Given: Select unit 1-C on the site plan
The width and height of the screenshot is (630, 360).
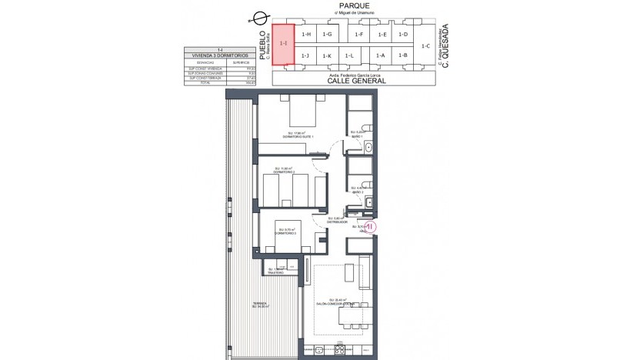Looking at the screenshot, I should (x=425, y=46).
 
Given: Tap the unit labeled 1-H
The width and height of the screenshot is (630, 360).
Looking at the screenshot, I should (x=306, y=35).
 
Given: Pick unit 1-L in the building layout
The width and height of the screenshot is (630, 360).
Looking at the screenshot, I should (x=349, y=56).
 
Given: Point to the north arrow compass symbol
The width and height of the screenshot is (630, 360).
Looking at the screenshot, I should (x=260, y=17).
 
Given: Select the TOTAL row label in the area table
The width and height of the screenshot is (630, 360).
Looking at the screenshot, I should (x=198, y=82).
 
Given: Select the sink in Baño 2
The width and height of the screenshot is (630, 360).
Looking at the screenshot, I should (x=369, y=202).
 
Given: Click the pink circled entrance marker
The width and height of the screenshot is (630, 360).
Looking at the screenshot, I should (x=369, y=227).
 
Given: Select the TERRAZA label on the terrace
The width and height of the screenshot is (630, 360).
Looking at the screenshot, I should (x=262, y=304).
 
